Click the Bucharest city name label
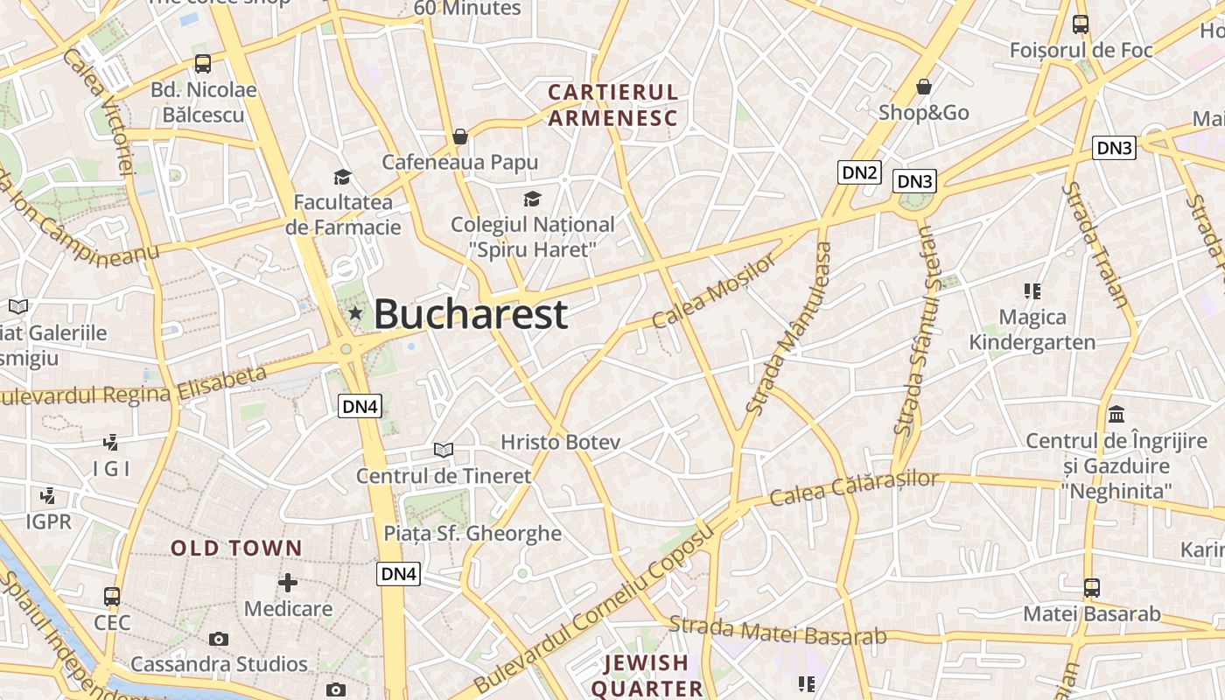click(x=471, y=314)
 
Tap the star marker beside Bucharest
click(x=355, y=312)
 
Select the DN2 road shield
click(x=858, y=171)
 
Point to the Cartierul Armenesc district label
click(x=612, y=105)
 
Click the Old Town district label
click(x=236, y=549)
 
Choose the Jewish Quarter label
click(x=647, y=675)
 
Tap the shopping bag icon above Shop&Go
click(x=923, y=87)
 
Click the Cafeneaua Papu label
click(x=460, y=162)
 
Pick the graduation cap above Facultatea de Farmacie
click(x=342, y=177)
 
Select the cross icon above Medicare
click(x=288, y=582)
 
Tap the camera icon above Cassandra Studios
click(x=219, y=639)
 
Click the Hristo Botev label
click(x=560, y=442)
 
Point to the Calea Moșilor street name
click(x=713, y=291)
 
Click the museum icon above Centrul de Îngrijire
click(x=1116, y=414)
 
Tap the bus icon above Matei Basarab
click(x=1091, y=587)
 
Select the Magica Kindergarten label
click(x=1032, y=329)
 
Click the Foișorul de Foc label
click(x=1081, y=50)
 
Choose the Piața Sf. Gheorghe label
click(x=472, y=533)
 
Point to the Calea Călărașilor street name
click(x=854, y=488)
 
